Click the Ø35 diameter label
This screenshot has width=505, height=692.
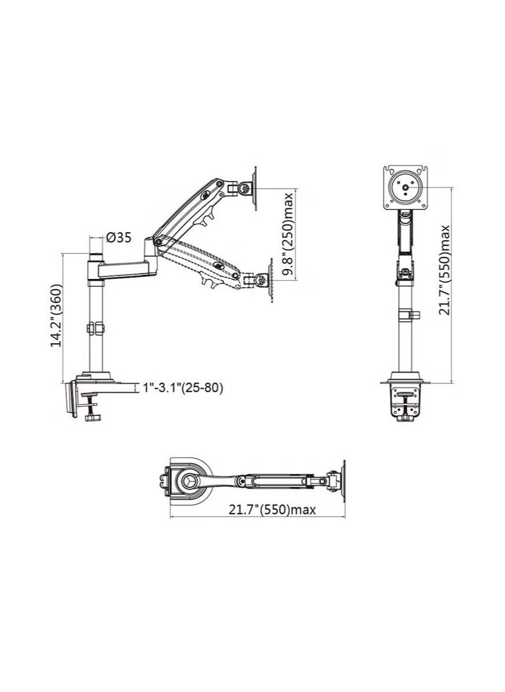(119, 237)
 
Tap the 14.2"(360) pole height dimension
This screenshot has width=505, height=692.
(56, 316)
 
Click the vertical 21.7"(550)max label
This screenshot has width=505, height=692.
(444, 270)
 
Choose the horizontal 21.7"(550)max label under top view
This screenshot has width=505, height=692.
(272, 510)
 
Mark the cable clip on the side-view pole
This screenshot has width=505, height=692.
(94, 328)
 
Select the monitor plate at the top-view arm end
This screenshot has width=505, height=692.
(343, 480)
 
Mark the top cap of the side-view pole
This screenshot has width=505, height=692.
(94, 256)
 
